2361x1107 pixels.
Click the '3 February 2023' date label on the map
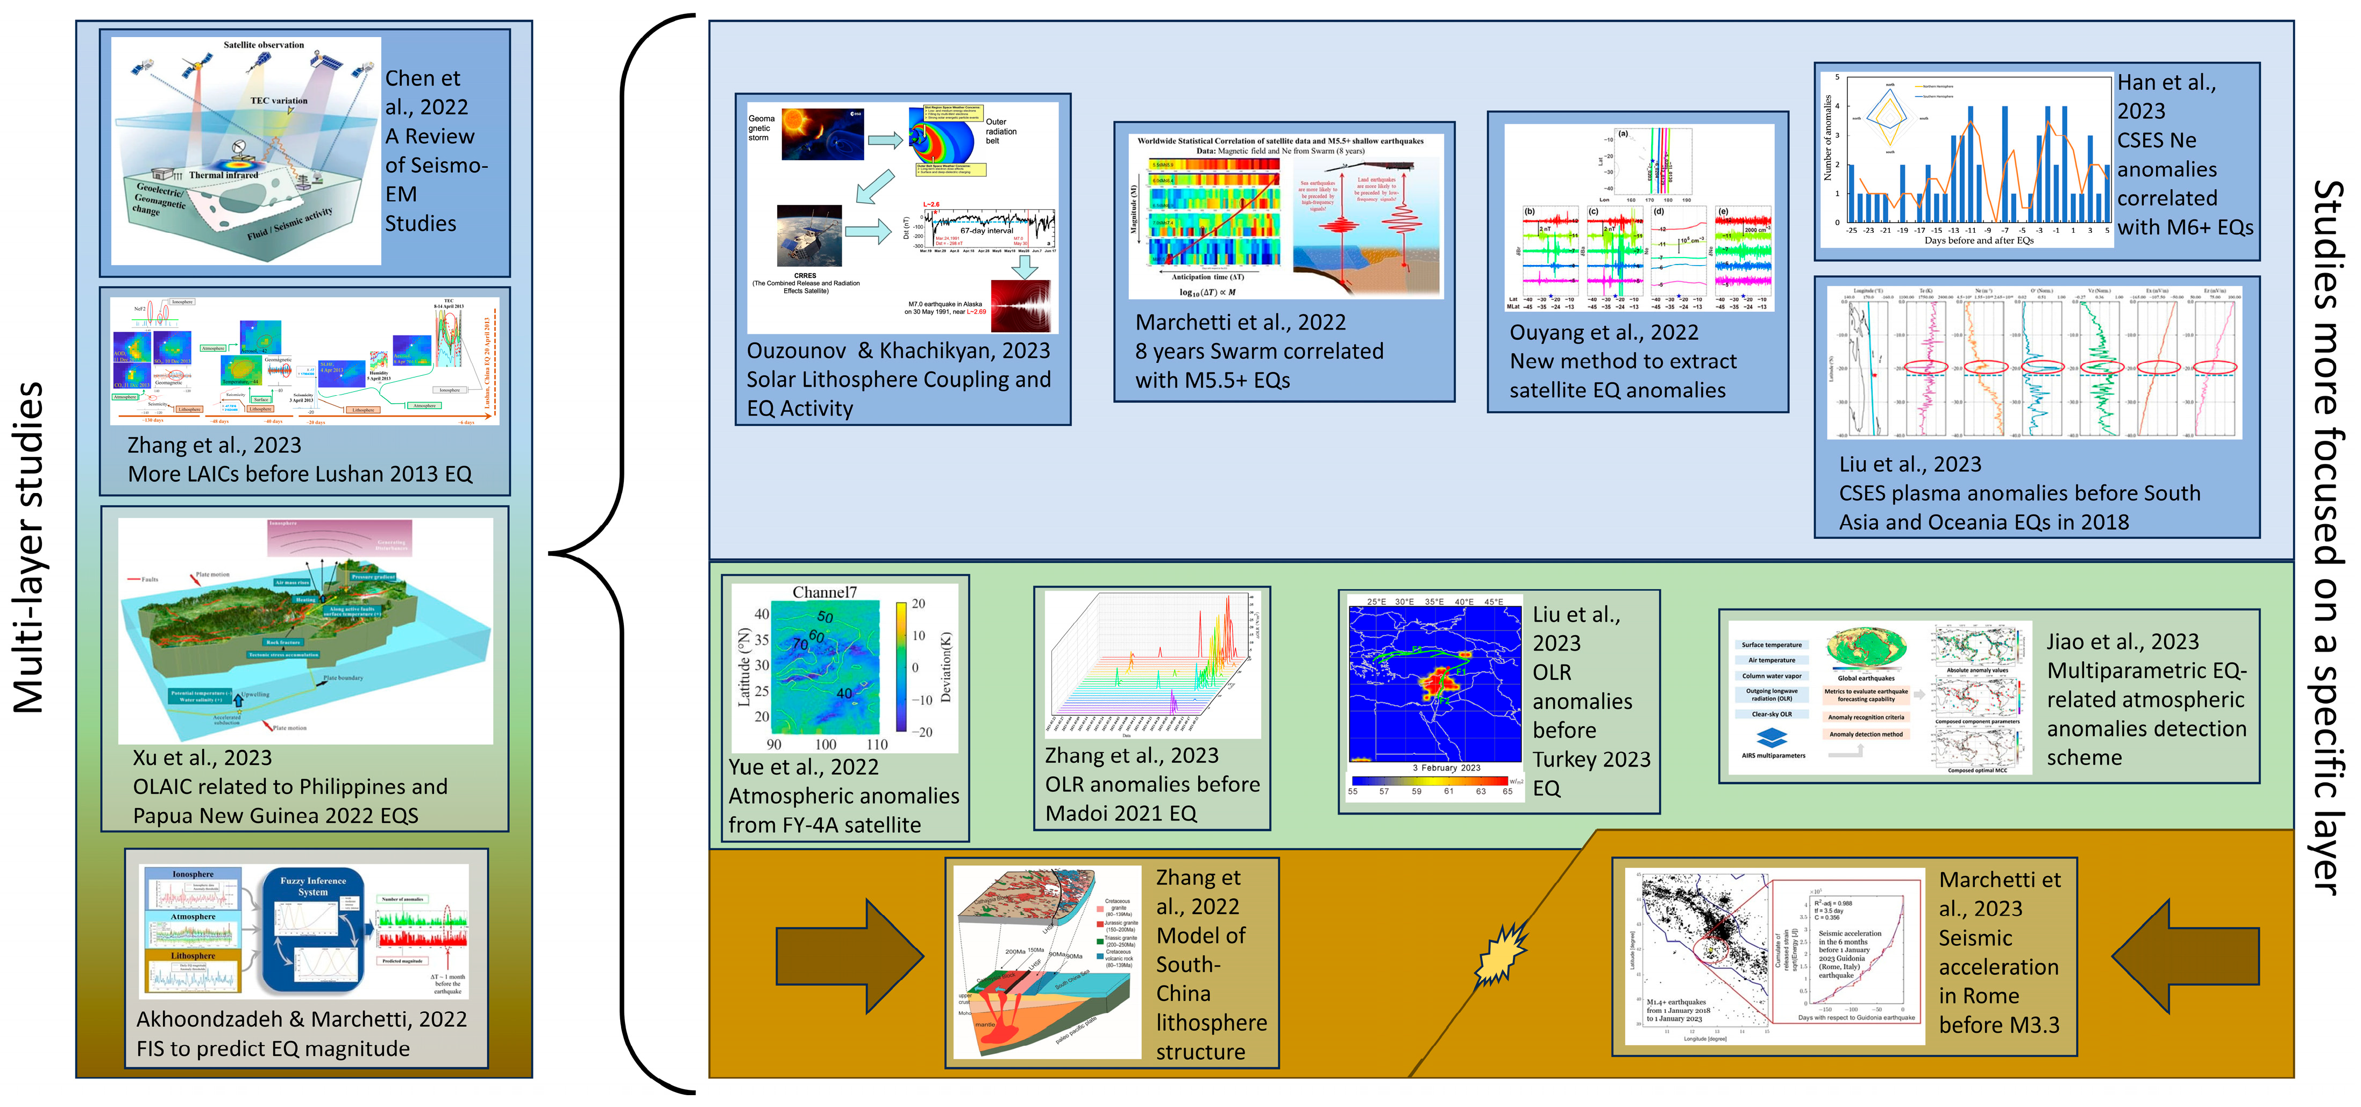1446,768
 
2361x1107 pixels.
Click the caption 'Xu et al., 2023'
203,758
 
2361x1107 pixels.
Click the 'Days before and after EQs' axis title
1979,241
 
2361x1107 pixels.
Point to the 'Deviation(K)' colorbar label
946,667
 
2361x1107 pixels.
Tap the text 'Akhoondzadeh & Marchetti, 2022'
302,1019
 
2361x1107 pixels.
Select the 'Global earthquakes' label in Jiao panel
1865,678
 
